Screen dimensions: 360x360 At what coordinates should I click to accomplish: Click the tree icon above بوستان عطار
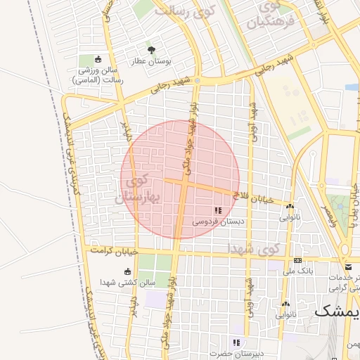click(x=151, y=49)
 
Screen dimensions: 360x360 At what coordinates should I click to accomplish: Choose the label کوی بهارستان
click(x=141, y=189)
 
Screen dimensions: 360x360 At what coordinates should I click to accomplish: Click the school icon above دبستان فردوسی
click(x=218, y=210)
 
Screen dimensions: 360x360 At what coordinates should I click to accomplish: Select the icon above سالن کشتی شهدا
click(x=127, y=271)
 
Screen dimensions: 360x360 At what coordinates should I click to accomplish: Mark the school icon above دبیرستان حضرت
click(x=236, y=342)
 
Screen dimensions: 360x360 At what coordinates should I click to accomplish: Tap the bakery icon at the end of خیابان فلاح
click(x=290, y=205)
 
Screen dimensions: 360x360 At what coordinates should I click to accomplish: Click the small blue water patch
click(x=351, y=88)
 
